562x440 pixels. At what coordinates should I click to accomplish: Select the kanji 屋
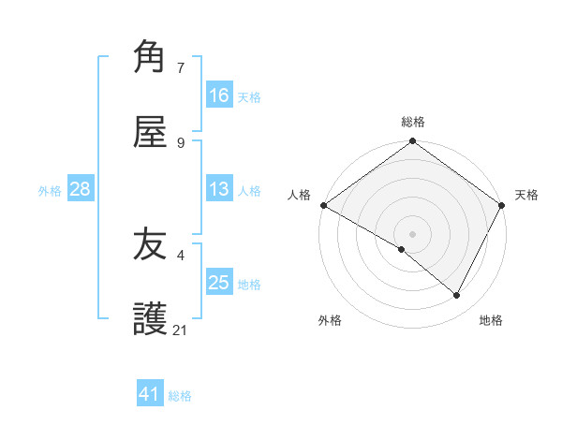150,131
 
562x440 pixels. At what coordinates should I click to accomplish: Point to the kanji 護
150,319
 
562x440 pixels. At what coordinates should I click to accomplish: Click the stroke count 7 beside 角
181,67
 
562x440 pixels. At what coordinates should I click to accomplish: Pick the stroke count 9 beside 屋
181,142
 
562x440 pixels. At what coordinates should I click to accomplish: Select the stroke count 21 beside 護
181,330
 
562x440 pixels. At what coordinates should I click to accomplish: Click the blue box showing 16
219,95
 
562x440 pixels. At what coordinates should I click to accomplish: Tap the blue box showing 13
219,189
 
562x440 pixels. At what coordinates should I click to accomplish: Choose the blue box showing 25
219,283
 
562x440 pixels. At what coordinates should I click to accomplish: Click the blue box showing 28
80,189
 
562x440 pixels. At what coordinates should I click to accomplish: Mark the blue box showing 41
150,394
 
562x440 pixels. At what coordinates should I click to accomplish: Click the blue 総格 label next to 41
180,396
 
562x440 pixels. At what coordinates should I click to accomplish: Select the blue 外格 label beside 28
50,190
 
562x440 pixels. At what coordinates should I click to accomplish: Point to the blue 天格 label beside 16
249,96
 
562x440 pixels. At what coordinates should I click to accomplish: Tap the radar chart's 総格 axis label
413,122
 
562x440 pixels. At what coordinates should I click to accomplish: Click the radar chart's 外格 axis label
330,320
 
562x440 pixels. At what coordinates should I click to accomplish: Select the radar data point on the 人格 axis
323,205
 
